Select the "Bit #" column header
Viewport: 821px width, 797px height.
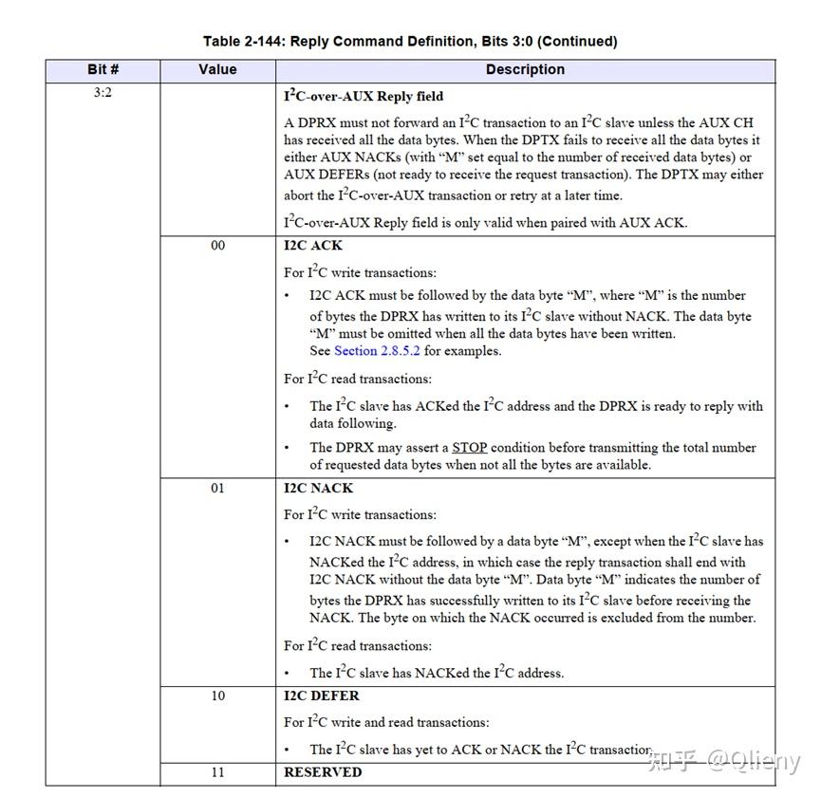103,70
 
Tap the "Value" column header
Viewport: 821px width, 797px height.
217,70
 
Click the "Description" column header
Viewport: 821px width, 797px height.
525,70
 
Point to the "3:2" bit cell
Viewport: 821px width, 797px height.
103,94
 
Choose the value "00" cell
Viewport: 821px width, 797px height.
217,246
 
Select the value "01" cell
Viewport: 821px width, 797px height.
217,489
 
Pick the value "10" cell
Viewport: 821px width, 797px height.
217,696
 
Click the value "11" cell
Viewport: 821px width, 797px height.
217,772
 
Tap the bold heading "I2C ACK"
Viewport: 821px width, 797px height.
313,246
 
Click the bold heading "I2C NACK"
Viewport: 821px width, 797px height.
318,489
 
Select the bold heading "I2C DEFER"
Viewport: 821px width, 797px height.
322,696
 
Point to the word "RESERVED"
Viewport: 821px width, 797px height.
323,772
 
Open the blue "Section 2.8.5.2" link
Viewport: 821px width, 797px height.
378,351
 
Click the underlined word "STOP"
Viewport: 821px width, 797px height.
469,448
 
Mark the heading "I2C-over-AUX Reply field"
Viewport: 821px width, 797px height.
364,97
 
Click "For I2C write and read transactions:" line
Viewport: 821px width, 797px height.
386,723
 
